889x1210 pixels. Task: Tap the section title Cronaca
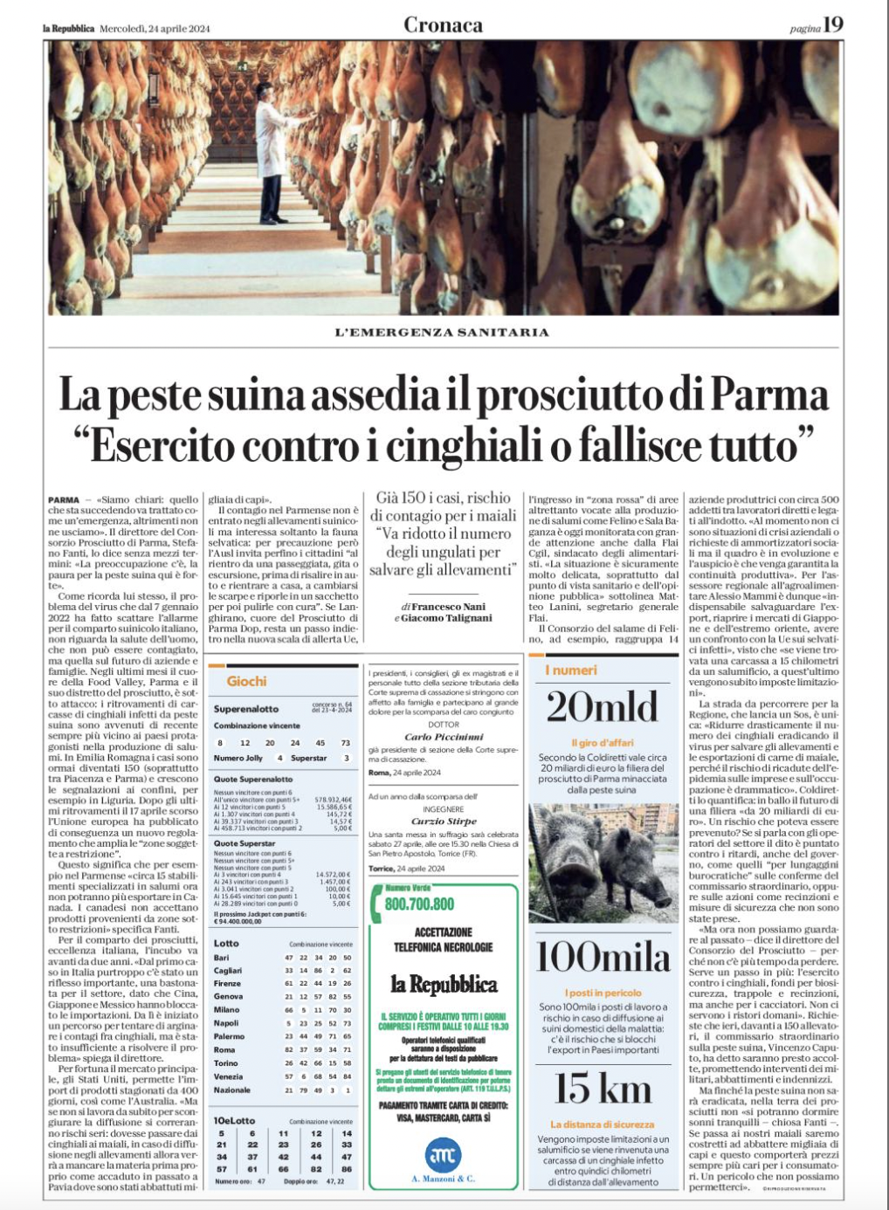pos(443,25)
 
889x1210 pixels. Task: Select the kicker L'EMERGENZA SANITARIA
pos(442,332)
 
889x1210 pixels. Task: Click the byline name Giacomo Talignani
pos(448,618)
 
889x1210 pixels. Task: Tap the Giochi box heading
pos(246,681)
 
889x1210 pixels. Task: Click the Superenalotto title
pos(246,709)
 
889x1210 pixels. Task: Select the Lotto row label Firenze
pos(227,983)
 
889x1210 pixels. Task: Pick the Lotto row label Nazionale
pos(232,1090)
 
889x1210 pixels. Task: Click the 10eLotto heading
pos(235,1120)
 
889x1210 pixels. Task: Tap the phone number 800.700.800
pos(419,904)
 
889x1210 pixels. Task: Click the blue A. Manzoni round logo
pos(443,1155)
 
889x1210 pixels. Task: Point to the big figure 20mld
pos(602,707)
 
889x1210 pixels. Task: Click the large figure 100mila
pos(602,958)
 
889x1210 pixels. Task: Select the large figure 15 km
pos(602,1089)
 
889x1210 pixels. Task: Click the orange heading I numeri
pos(571,670)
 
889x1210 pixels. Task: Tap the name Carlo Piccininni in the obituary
pos(443,737)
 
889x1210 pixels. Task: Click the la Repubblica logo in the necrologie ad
pos(443,985)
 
